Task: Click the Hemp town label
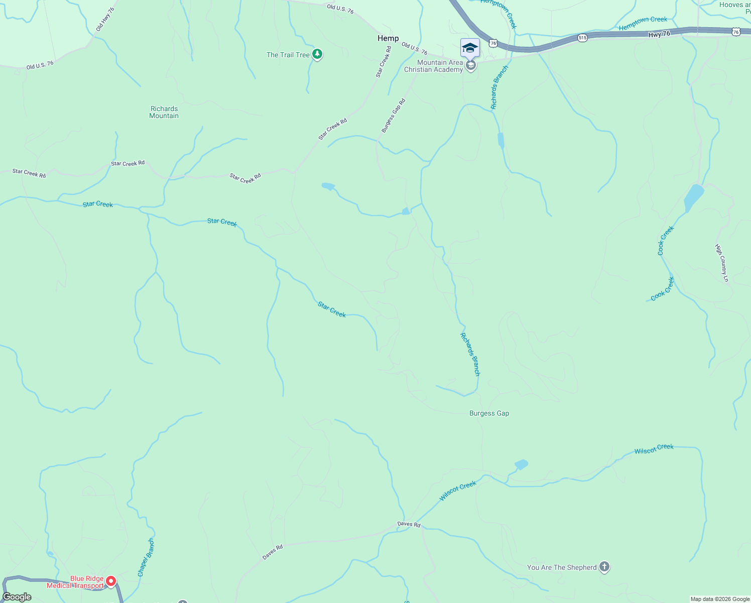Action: [388, 38]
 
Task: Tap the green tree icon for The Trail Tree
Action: [317, 54]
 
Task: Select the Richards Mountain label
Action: [164, 112]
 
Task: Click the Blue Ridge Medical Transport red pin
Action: [111, 581]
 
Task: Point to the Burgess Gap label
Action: [489, 413]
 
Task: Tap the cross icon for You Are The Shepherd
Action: [604, 567]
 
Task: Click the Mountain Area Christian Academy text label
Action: [434, 66]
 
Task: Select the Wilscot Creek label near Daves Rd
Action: [457, 491]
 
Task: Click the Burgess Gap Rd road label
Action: [393, 116]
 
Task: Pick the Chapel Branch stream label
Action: [146, 558]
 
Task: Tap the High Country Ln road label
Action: [721, 263]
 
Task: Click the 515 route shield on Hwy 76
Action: [582, 38]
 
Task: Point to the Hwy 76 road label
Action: [659, 34]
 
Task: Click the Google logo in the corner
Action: [17, 597]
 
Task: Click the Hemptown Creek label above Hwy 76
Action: [643, 23]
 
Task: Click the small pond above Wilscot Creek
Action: [521, 464]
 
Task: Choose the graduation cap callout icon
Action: [470, 48]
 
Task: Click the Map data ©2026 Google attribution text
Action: [720, 599]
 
